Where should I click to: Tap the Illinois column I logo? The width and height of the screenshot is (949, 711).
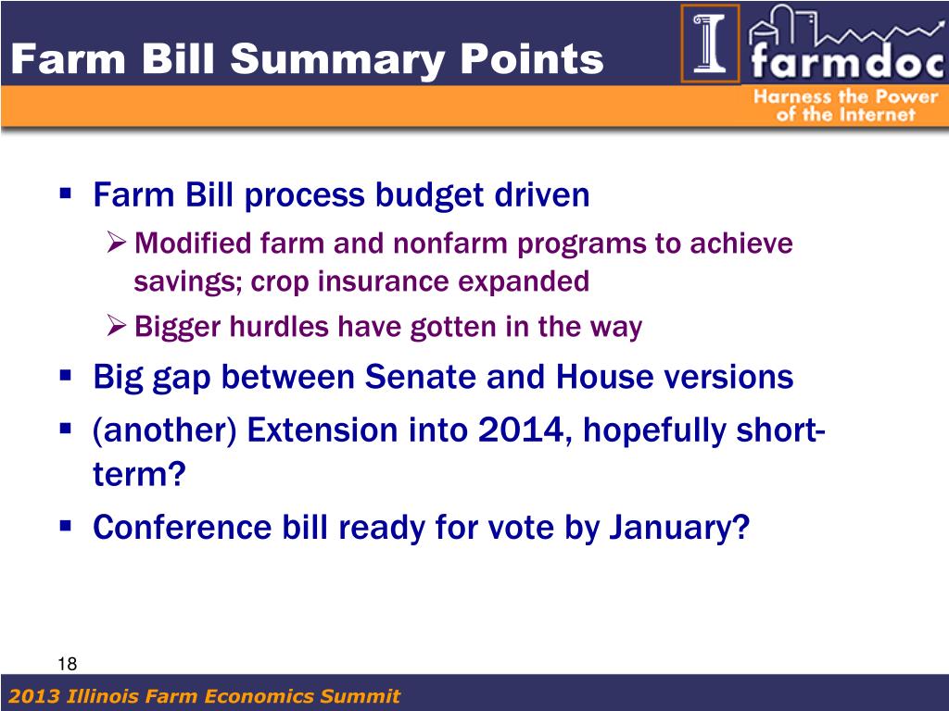coord(710,44)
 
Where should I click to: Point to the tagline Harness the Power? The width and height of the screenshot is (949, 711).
coord(845,96)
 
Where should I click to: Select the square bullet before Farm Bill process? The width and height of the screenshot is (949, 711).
coord(66,194)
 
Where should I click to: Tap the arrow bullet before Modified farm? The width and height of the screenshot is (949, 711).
coord(116,243)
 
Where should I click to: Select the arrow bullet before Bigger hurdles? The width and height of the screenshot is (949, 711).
coord(116,326)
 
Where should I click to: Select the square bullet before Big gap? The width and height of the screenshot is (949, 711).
coord(66,376)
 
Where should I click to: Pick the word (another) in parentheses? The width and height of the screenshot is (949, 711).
coord(164,431)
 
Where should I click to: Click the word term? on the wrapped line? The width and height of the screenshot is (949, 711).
coord(139,474)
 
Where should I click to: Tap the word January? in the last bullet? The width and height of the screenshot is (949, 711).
coord(679,527)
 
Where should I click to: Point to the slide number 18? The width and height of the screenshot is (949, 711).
coord(67,664)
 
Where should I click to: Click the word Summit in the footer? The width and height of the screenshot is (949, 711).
coord(361,696)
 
